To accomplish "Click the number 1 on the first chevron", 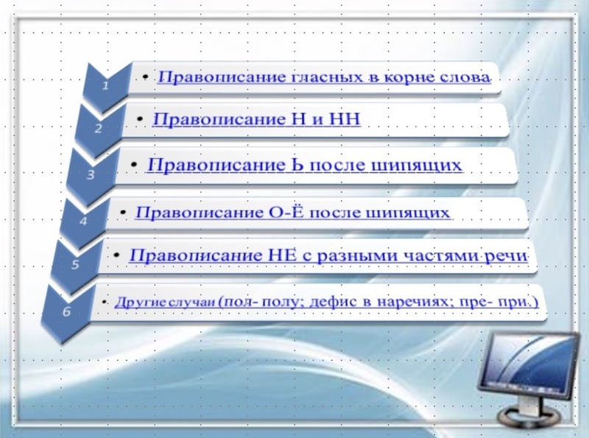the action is [105, 85].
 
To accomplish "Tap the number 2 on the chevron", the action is [98, 129].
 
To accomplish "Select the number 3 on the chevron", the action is [91, 174].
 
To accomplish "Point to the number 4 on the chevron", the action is [83, 221].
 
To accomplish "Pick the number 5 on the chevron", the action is [75, 264].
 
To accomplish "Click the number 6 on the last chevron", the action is [66, 311].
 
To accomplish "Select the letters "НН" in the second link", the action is [344, 119].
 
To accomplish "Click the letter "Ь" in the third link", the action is [297, 165].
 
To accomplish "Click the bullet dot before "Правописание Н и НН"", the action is [140, 119].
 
